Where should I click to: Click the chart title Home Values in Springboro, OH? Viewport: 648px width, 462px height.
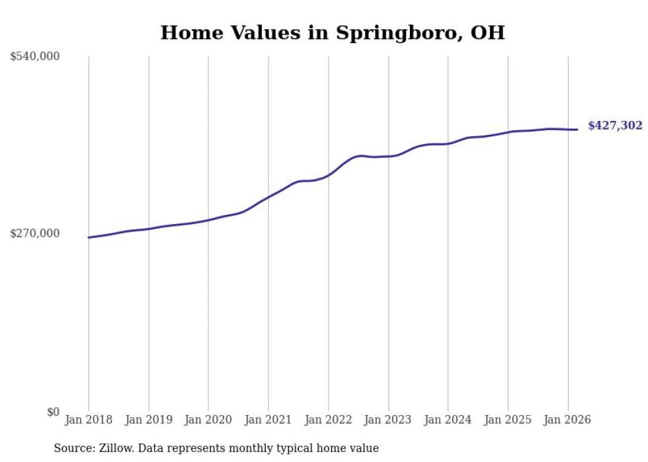[333, 32]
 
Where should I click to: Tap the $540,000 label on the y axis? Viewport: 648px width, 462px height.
[35, 57]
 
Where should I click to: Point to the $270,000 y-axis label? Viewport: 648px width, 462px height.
[35, 233]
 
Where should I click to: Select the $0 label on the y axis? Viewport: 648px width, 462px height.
[53, 412]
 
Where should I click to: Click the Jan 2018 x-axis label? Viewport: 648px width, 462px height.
[89, 420]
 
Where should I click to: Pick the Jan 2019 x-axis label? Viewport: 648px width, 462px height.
[149, 420]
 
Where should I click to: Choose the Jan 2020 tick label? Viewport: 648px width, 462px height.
[208, 420]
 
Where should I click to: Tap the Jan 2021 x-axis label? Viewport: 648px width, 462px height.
[268, 420]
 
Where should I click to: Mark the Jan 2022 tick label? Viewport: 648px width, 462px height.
[328, 420]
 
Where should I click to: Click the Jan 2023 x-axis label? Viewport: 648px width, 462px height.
[388, 420]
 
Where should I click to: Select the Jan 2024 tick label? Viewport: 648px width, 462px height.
[448, 420]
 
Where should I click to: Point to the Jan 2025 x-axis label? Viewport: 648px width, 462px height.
[508, 420]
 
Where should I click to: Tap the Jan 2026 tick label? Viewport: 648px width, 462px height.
[567, 420]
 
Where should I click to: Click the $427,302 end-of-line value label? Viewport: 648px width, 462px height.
[615, 126]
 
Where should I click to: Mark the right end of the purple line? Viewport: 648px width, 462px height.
[578, 130]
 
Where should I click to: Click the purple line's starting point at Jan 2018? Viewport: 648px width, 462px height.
[89, 237]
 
